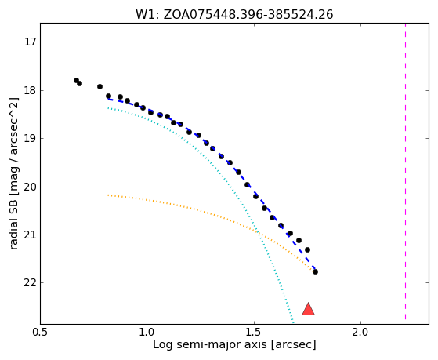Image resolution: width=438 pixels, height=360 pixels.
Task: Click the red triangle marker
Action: (308, 309)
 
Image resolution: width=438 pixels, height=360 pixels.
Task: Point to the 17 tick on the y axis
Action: (31, 42)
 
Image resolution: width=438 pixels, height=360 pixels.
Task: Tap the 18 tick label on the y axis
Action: (31, 91)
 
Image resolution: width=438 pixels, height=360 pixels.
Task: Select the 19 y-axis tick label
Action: (31, 139)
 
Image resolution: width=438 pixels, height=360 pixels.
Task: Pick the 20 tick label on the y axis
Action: (31, 187)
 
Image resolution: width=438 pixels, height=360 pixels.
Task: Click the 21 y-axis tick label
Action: (31, 235)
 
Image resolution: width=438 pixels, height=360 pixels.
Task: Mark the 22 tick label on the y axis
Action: (31, 283)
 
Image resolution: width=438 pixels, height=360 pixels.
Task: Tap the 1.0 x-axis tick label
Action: (147, 332)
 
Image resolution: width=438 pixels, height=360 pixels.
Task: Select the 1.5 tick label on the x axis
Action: (254, 332)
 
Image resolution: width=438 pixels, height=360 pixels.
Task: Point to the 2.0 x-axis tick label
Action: (361, 332)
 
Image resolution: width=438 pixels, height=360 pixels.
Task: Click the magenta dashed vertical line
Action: (405, 172)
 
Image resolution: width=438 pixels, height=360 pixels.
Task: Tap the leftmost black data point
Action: (76, 80)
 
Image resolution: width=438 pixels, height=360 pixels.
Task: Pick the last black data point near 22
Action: (315, 271)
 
